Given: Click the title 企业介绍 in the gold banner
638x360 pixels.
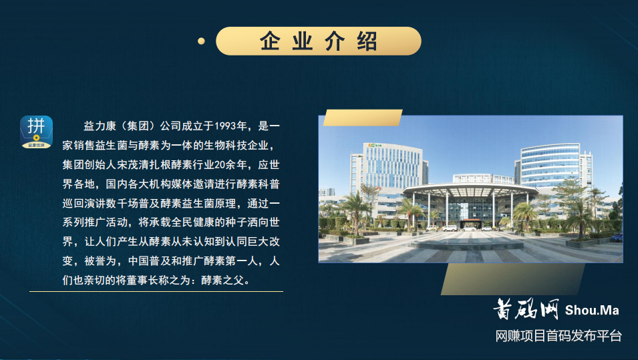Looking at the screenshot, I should point(319,41).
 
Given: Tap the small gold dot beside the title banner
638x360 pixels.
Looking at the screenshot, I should point(200,41).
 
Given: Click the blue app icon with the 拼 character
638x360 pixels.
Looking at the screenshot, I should point(37,132).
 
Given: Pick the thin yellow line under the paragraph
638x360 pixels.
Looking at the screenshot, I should point(156,291).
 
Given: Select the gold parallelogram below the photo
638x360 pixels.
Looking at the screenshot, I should point(512,279).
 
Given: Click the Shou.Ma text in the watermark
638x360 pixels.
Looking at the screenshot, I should point(592,310).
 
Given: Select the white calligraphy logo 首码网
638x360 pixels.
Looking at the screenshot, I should point(526,309).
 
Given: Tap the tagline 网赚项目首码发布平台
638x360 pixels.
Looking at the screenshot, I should point(559,335).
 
